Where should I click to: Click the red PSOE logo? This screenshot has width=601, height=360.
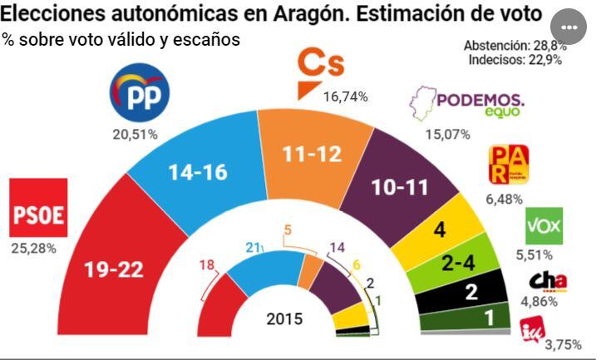(x=37, y=208)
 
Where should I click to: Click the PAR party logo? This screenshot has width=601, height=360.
(x=506, y=165)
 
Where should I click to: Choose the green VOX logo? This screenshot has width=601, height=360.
(x=544, y=225)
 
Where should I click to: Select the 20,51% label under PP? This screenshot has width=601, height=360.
(x=136, y=135)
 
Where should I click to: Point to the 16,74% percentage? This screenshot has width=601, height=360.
(x=345, y=97)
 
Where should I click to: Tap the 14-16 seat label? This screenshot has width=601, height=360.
(x=196, y=173)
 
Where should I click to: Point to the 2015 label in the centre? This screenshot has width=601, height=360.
(x=285, y=319)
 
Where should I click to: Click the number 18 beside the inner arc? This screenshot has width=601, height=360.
(x=208, y=265)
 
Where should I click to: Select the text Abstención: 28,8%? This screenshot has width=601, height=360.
(x=514, y=45)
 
